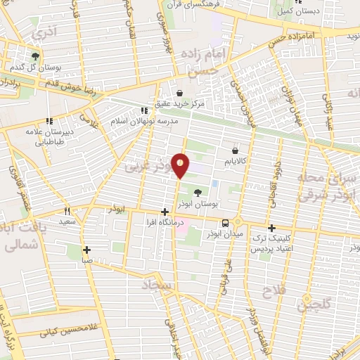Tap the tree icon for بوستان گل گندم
point(35,56)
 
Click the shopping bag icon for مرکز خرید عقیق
point(179,92)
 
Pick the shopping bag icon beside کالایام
point(234,150)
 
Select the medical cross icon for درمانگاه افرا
point(165,212)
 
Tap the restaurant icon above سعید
point(67,210)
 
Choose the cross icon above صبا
point(86,249)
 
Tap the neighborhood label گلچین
point(312,304)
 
